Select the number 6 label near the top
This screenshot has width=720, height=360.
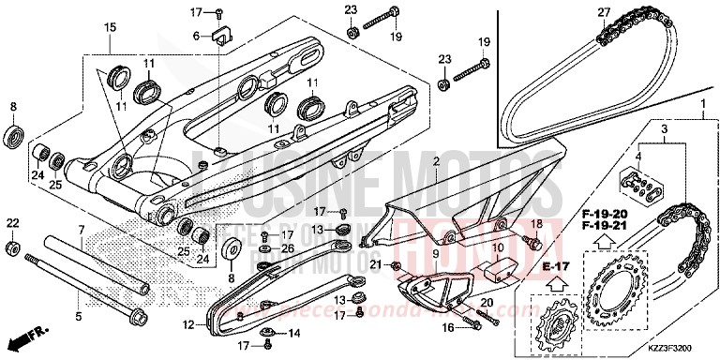tap(196, 36)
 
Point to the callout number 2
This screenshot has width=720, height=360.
tap(435, 162)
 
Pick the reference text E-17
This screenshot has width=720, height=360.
tap(527, 266)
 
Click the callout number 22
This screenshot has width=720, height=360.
tap(12, 222)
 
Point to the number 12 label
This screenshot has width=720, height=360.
tap(188, 325)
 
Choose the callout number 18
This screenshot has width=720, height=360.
tap(538, 223)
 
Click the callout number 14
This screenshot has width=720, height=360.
tap(293, 333)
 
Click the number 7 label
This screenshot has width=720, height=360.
tap(82, 229)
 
